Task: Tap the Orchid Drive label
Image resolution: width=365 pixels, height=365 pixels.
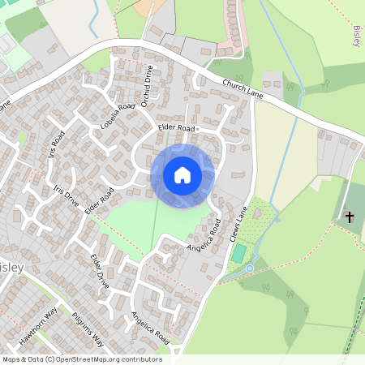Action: [146, 84]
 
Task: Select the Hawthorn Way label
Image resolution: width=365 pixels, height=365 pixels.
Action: [40, 327]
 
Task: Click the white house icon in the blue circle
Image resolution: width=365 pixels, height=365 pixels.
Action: [182, 175]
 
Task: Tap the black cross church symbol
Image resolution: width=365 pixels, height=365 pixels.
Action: [350, 217]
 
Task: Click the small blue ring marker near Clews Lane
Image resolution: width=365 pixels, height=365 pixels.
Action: [250, 268]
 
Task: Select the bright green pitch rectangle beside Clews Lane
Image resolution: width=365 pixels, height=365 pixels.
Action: [238, 253]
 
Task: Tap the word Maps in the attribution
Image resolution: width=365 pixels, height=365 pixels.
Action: [11, 359]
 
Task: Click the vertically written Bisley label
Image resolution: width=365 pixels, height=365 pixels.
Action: [358, 36]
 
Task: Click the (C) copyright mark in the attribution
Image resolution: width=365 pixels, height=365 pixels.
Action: [50, 359]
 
